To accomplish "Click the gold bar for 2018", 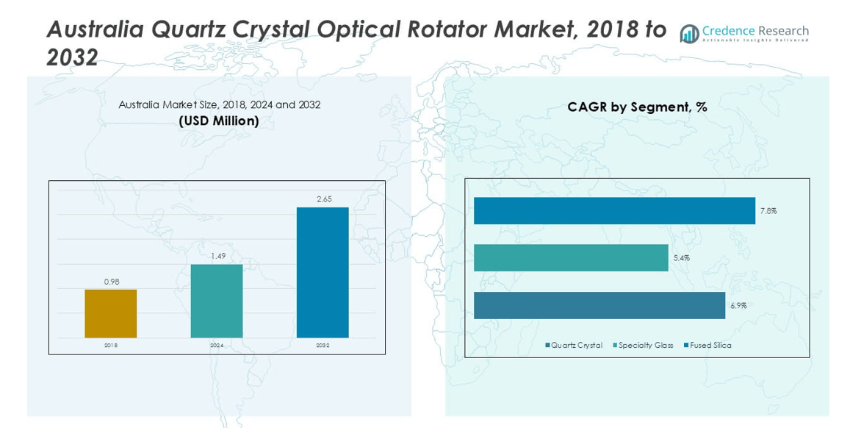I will [x=110, y=313].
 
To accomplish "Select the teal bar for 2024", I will [x=217, y=301].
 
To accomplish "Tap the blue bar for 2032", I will [x=323, y=272].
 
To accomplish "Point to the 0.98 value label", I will [x=111, y=282].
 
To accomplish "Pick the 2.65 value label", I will [x=323, y=199].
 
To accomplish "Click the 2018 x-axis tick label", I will [x=110, y=345].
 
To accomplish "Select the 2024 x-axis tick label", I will [x=217, y=345].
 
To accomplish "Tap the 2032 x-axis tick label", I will [x=323, y=345].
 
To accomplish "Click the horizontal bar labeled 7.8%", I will [x=614, y=210].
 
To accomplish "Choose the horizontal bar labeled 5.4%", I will [x=571, y=258].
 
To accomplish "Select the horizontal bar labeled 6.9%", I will [x=599, y=305].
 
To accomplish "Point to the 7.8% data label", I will [x=768, y=211].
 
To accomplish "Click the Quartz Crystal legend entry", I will [x=574, y=346].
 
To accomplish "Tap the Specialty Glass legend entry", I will [x=643, y=346].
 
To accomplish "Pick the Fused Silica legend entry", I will [x=707, y=346].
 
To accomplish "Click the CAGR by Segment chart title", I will [x=637, y=107].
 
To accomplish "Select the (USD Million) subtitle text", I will [x=219, y=121].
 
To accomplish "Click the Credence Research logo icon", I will [x=689, y=33].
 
